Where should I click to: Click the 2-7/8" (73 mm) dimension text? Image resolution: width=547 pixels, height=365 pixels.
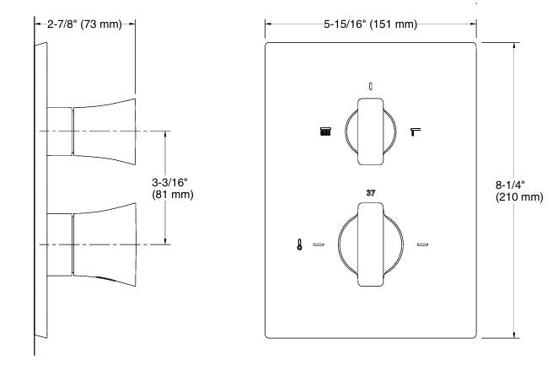tap(84, 24)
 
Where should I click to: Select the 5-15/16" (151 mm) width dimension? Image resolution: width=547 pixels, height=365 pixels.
tap(371, 24)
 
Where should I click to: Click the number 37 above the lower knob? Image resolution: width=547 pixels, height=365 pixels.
tap(371, 193)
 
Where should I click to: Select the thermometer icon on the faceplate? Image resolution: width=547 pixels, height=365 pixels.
tap(300, 245)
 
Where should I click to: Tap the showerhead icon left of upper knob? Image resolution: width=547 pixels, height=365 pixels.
tap(325, 131)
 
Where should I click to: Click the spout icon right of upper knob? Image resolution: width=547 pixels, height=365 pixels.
tap(415, 131)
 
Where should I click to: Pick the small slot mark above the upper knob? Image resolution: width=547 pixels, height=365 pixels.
tap(371, 85)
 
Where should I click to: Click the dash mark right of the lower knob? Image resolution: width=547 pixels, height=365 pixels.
tap(423, 245)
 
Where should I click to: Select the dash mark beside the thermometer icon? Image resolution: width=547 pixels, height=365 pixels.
tap(319, 245)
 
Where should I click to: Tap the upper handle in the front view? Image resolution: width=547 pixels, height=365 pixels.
tap(371, 131)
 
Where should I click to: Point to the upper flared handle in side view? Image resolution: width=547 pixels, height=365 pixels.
tap(105, 131)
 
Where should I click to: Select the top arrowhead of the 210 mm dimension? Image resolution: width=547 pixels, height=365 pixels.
tap(514, 45)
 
